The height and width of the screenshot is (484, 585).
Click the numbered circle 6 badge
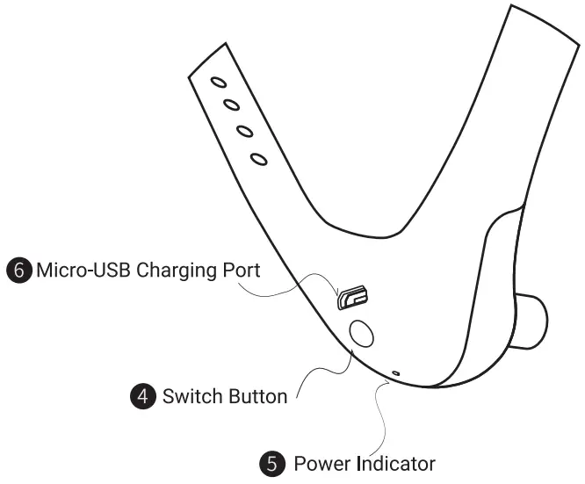coord(19,270)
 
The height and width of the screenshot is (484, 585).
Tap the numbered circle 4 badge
coord(141,396)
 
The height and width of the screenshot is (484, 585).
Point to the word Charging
coord(165,271)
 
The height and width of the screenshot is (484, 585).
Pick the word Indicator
coord(395,463)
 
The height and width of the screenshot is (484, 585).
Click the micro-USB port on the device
coord(353,298)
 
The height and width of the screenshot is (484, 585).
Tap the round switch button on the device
coord(361,333)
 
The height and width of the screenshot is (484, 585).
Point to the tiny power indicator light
coord(396,373)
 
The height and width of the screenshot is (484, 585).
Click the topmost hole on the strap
coord(219,83)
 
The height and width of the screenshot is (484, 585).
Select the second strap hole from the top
coord(232,106)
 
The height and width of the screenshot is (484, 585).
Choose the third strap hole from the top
coord(245,132)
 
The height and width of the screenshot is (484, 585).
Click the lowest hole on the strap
coord(258,159)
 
